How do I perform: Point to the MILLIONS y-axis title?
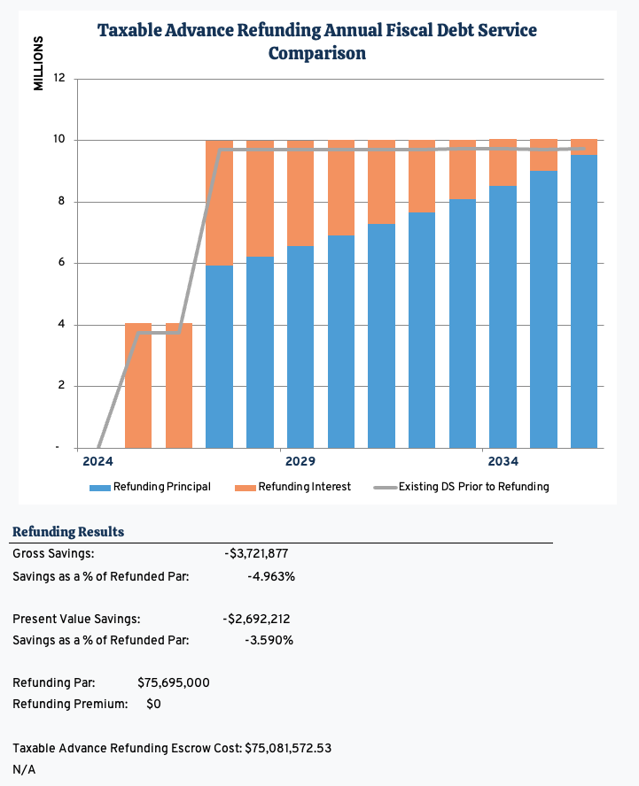pos(38,63)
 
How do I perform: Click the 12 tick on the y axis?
pos(59,79)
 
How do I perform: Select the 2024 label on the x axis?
pos(97,462)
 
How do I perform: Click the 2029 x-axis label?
pos(300,462)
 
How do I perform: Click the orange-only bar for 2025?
pos(138,386)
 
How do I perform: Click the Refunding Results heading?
pos(68,532)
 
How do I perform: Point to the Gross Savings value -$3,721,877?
pos(256,554)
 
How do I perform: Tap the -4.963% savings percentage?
pos(270,576)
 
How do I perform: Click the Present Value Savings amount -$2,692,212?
pos(258,619)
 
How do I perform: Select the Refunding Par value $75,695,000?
pos(174,682)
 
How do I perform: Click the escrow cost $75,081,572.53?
pos(288,748)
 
